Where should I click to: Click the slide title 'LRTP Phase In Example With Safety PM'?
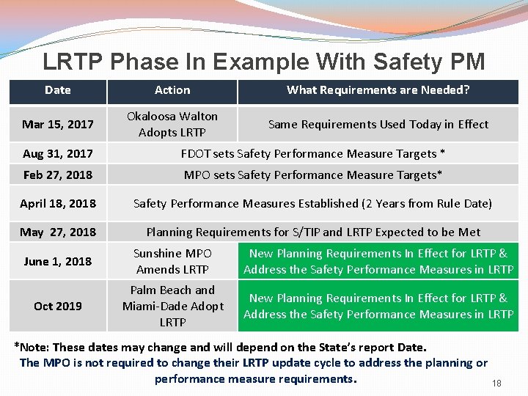click(x=264, y=62)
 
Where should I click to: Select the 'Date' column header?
click(x=58, y=90)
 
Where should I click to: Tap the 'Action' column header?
click(x=172, y=90)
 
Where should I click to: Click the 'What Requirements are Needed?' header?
click(x=378, y=90)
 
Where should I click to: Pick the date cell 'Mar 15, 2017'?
click(x=58, y=124)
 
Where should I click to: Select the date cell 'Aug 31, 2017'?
click(x=58, y=153)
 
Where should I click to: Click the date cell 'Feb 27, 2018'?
click(x=58, y=175)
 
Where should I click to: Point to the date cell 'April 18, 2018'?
click(x=58, y=203)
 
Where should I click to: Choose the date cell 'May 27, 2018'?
click(x=58, y=232)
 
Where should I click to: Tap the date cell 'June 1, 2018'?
click(x=58, y=261)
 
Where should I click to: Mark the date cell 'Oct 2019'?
click(x=58, y=306)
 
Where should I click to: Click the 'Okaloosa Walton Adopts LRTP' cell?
click(x=172, y=124)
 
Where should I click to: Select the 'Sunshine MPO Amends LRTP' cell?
click(x=172, y=261)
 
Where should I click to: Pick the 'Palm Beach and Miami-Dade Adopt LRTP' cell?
click(x=172, y=306)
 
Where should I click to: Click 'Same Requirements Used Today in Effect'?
click(x=378, y=124)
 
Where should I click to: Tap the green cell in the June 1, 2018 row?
click(x=378, y=261)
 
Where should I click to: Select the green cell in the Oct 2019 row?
click(x=378, y=306)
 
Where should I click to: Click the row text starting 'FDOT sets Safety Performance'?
click(x=312, y=153)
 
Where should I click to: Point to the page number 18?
click(x=496, y=384)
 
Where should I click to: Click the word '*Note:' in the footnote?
click(x=32, y=347)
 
